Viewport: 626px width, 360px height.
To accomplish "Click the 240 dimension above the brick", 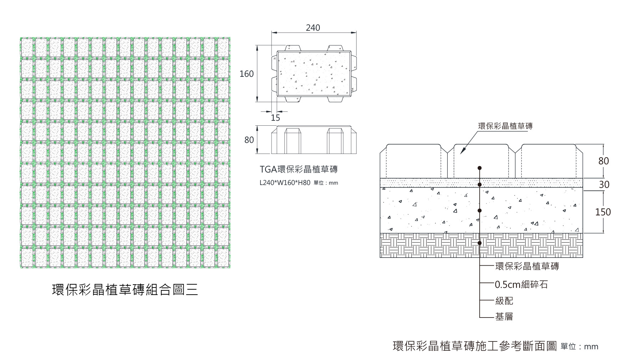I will point(313,28).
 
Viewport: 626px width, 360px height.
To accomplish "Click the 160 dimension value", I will point(246,74).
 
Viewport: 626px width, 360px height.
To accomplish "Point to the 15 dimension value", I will point(276,117).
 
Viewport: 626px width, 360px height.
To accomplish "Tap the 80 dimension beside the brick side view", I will point(249,140).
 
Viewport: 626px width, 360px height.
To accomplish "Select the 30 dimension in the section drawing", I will point(604,185).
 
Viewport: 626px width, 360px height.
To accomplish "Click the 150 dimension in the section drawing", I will point(603,212).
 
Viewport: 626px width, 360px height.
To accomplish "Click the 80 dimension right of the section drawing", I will point(604,161).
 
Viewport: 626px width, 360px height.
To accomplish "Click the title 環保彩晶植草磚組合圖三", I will point(125,290).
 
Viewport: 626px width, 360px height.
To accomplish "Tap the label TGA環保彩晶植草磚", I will point(298,169).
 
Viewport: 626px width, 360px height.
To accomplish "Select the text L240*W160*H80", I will point(285,183).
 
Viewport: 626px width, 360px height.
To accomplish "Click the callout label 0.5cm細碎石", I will point(521,285).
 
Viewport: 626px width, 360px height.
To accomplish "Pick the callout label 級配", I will point(504,301).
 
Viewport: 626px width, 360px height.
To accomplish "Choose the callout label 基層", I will point(504,317).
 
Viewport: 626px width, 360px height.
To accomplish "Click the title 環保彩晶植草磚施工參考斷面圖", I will point(475,346).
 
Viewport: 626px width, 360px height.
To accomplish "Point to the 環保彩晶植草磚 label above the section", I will point(505,126).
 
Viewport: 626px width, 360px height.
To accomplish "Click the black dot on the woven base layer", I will point(480,243).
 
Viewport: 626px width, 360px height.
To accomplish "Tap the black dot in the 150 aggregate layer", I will point(480,211).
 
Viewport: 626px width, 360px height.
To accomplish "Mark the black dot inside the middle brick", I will point(480,168).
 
